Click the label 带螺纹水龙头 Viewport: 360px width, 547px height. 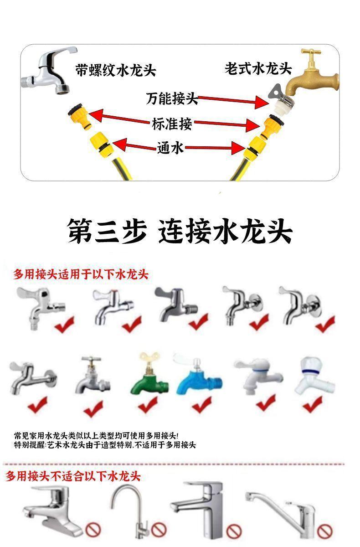tap(115, 70)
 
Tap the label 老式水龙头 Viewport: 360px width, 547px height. tap(258, 68)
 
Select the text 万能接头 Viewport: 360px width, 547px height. tap(172, 98)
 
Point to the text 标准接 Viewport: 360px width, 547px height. tap(172, 124)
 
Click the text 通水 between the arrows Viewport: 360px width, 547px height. tap(170, 148)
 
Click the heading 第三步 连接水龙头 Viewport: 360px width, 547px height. tap(180, 231)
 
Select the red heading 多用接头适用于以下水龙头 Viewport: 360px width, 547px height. tap(81, 274)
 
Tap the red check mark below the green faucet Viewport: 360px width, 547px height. tap(148, 404)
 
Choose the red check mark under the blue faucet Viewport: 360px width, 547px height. tap(201, 404)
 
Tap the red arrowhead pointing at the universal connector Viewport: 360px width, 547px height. tap(262, 102)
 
